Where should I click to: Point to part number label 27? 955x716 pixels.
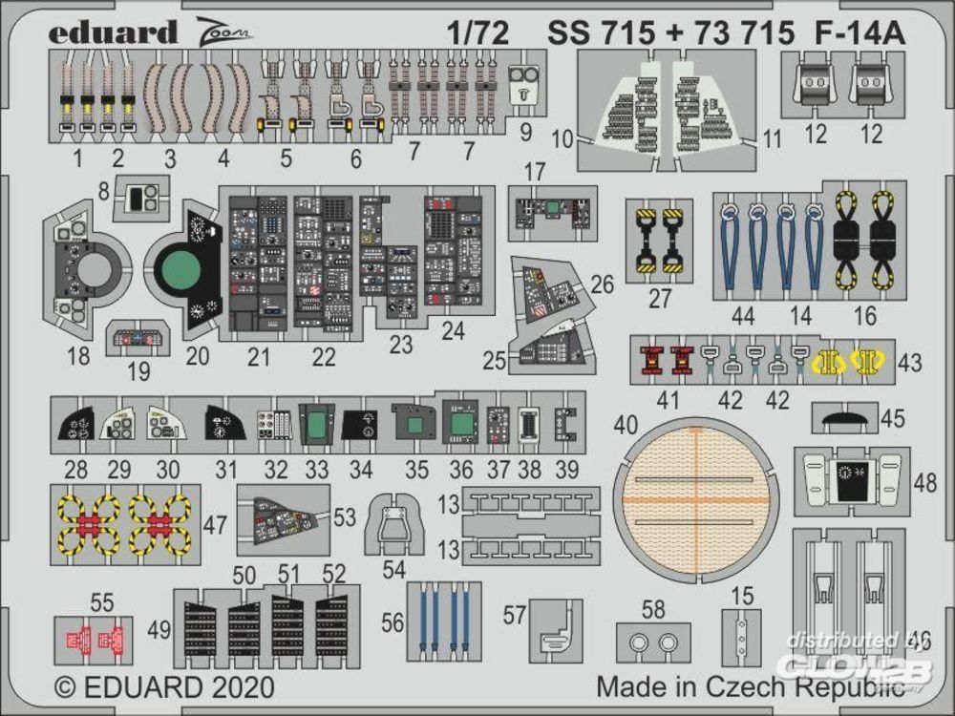[660, 298]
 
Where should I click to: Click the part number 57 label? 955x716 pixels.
[515, 616]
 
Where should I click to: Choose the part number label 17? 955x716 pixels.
[535, 174]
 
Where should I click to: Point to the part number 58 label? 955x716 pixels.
[653, 608]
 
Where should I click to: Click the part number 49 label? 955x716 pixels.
[160, 629]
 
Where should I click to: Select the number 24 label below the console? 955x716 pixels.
[453, 331]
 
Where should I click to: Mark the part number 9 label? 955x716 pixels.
[526, 134]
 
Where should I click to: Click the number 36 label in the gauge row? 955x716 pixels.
[460, 470]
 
